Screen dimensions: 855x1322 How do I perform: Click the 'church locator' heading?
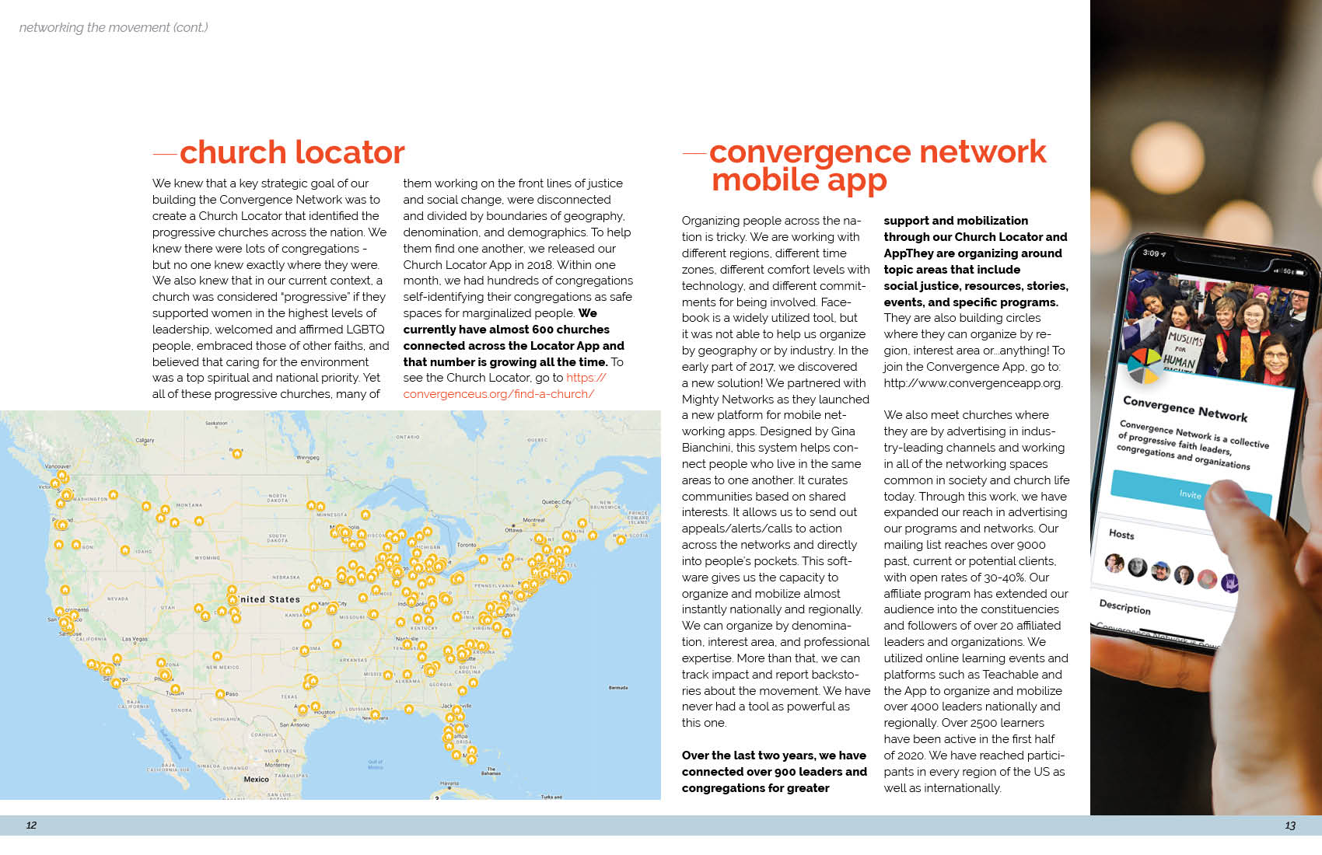(292, 153)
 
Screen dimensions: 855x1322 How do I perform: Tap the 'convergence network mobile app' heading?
(877, 166)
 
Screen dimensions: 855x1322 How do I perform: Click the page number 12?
(31, 825)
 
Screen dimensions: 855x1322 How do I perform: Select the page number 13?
(1290, 825)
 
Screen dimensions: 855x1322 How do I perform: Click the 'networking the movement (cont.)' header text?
(114, 28)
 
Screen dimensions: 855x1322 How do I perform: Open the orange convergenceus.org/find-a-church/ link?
(498, 394)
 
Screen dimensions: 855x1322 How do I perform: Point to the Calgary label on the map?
(145, 441)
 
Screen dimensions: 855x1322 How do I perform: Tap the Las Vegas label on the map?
(135, 639)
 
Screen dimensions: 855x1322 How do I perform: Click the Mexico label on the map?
(256, 779)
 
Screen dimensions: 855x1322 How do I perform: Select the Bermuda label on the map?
(618, 688)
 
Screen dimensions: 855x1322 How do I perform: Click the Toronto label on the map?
(467, 545)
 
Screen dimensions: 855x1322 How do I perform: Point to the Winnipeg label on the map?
(308, 458)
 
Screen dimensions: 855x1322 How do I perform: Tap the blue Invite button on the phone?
(1190, 494)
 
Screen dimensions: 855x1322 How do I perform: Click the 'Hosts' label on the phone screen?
(1121, 534)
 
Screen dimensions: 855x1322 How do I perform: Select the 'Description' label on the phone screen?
(1124, 607)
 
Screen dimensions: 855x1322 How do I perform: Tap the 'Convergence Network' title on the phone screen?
(1184, 409)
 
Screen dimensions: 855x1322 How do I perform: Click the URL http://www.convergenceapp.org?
(972, 383)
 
